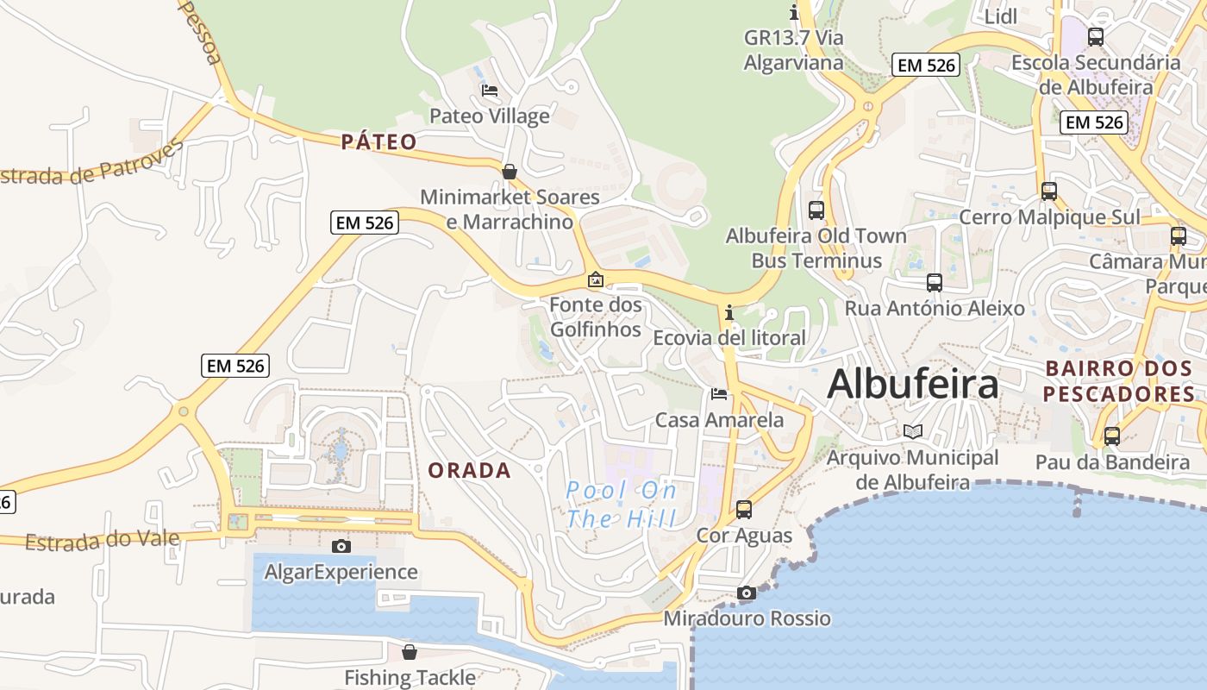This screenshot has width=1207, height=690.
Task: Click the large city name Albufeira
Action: (x=913, y=385)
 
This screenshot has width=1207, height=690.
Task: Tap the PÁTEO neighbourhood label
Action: (x=378, y=142)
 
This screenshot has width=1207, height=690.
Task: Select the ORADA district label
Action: (x=470, y=471)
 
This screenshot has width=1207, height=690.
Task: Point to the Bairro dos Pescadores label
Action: (x=1119, y=381)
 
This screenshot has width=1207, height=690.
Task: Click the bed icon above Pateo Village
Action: (x=490, y=91)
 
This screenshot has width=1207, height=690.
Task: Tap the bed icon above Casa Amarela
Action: (x=719, y=394)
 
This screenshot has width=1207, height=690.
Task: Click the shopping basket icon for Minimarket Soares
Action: (x=510, y=172)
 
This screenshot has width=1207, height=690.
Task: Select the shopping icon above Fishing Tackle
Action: (x=410, y=652)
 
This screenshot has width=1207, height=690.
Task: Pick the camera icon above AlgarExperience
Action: (x=341, y=546)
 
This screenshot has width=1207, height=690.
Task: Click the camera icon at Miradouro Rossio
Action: (x=747, y=593)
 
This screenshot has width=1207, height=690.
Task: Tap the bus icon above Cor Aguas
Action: (x=744, y=510)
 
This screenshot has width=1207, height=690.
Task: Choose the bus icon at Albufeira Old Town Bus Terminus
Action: (x=816, y=210)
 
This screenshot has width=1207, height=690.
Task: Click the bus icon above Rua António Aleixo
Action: (x=935, y=283)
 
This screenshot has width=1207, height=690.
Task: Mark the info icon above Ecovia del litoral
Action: (x=729, y=312)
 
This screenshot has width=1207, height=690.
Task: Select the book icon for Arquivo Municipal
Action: (x=912, y=431)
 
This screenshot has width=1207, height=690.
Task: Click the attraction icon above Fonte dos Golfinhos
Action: (x=596, y=279)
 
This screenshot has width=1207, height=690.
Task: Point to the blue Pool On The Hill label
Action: (x=621, y=505)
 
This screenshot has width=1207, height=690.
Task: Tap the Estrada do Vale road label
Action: (x=102, y=541)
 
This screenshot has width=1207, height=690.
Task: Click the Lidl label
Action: (x=1001, y=16)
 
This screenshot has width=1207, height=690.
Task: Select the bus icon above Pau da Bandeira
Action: (x=1112, y=436)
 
